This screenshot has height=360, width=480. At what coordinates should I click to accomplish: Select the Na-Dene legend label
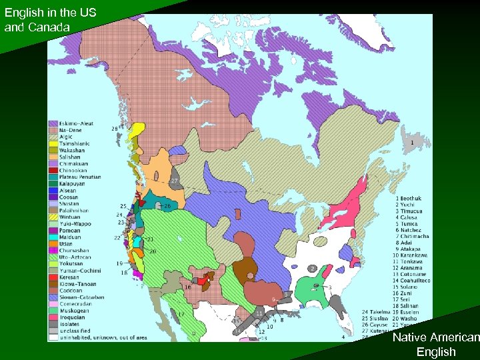click(73, 131)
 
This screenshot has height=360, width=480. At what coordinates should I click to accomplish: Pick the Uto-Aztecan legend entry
click(75, 257)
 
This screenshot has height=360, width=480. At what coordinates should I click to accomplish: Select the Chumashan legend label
click(75, 250)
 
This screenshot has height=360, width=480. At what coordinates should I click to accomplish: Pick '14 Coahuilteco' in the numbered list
click(414, 281)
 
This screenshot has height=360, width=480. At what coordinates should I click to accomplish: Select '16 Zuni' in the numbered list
click(406, 293)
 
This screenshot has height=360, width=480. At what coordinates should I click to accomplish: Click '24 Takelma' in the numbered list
click(375, 312)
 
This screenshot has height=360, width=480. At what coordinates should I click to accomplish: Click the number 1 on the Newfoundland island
click(411, 142)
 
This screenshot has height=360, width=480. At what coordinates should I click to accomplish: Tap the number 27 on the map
click(174, 181)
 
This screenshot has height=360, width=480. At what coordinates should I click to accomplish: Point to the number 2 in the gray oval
click(312, 269)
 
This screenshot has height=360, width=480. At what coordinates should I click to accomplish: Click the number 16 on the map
click(188, 287)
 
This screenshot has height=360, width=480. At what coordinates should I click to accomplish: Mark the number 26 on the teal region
click(167, 206)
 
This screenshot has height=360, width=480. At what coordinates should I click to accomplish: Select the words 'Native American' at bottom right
click(435, 338)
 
